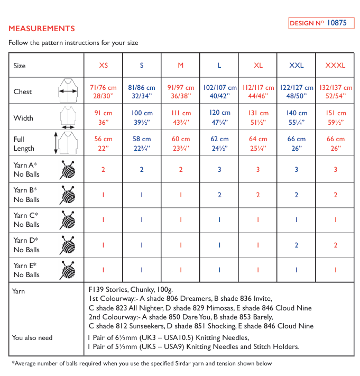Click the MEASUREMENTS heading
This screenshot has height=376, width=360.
(42, 29)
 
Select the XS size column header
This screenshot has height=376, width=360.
(104, 66)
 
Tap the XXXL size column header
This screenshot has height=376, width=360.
(335, 66)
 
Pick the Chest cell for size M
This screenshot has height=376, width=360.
(181, 91)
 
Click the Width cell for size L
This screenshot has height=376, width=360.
(219, 117)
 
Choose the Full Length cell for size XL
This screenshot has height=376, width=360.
(258, 143)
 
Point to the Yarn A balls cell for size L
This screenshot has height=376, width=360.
(219, 169)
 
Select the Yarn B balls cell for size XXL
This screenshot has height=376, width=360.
(297, 195)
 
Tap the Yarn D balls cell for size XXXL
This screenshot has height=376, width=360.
(335, 245)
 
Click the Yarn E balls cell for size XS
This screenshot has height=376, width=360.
(104, 270)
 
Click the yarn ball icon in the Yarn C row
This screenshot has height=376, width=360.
(67, 219)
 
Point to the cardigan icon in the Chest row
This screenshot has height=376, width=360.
(68, 91)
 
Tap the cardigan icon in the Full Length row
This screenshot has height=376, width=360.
(68, 143)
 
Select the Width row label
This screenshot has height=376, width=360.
(23, 118)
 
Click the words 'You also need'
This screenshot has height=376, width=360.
(32, 337)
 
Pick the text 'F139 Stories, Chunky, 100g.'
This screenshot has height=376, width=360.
(131, 290)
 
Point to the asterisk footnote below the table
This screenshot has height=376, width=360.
(142, 363)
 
